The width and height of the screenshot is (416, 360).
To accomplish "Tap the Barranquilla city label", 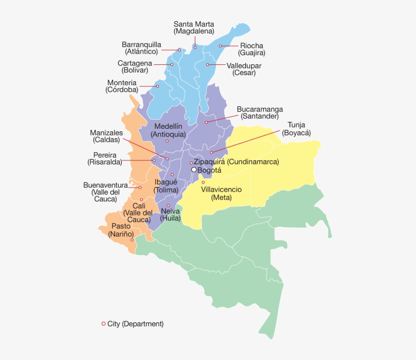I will pyautogui.click(x=142, y=44).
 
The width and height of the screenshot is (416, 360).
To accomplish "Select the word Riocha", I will pyautogui.click(x=252, y=46).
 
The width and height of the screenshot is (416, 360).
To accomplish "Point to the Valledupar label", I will pyautogui.click(x=244, y=65).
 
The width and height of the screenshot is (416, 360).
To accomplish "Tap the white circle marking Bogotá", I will pyautogui.click(x=194, y=170).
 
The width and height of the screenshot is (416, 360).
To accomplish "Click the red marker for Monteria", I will pyautogui.click(x=157, y=86).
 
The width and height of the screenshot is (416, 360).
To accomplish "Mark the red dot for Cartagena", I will pyautogui.click(x=172, y=64).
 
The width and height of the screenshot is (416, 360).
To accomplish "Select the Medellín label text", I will pyautogui.click(x=168, y=126).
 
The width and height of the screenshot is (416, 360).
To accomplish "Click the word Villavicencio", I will pyautogui.click(x=221, y=189).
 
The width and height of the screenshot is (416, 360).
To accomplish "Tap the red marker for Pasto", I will pyautogui.click(x=132, y=240).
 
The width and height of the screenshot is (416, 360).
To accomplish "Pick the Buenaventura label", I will pyautogui.click(x=106, y=185).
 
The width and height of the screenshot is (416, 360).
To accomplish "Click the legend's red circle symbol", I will pyautogui.click(x=103, y=323).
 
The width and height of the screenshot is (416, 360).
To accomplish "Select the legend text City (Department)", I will pyautogui.click(x=135, y=323).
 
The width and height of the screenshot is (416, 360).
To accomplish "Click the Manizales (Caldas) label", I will pyautogui.click(x=106, y=136).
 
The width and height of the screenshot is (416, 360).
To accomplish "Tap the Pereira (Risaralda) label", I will pyautogui.click(x=105, y=158).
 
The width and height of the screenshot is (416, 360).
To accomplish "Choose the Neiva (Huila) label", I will pyautogui.click(x=170, y=214).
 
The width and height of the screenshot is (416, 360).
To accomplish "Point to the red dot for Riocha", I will pyautogui.click(x=220, y=46).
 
